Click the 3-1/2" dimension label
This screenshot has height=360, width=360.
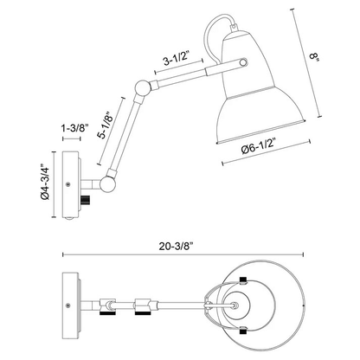tap(176, 61)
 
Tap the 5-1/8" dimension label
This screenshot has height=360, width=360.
tap(106, 125)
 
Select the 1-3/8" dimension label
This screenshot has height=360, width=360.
tap(74, 128)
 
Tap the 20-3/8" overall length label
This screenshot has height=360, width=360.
tap(176, 247)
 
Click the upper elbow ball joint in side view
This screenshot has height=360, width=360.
tap(143, 87)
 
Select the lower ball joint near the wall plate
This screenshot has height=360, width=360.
tap(107, 183)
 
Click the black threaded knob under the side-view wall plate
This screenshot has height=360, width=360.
tap(86, 200)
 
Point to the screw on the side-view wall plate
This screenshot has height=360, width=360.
tap(68, 184)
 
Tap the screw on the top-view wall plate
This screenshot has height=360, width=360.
tap(68, 305)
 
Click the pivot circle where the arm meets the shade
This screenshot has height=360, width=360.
tap(244, 62)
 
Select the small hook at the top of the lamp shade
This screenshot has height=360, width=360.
tap(234, 27)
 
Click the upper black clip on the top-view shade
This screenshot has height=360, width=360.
tap(243, 280)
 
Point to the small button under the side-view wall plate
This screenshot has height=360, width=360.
tap(69, 219)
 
